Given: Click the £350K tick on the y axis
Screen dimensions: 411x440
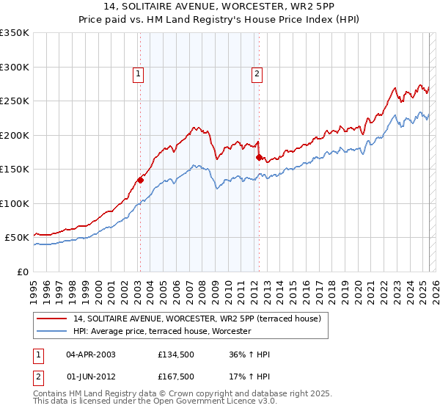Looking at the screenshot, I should [x=15, y=33].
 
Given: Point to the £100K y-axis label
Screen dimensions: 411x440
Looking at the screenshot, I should [x=15, y=203].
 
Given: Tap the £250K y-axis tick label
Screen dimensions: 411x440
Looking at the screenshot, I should [x=15, y=101].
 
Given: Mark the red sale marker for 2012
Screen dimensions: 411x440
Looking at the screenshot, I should [x=259, y=157].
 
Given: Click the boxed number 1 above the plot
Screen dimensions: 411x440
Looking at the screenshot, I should [x=139, y=73].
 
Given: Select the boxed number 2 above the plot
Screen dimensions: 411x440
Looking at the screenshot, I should [x=257, y=73].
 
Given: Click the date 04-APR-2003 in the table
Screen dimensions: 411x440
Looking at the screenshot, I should [x=91, y=354].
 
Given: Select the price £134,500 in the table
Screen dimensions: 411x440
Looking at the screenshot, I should [x=175, y=354].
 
